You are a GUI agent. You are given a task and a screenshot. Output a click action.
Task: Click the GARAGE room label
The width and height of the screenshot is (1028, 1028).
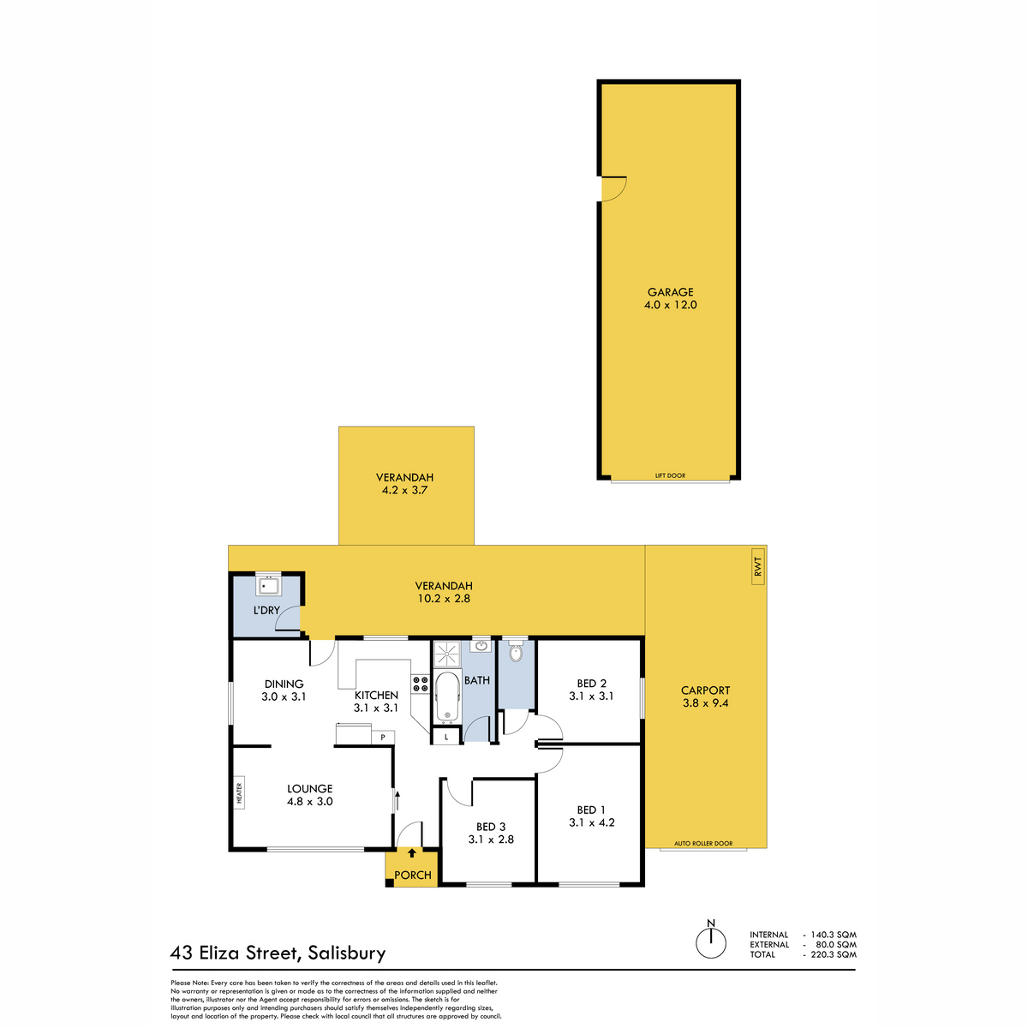pos(670,292)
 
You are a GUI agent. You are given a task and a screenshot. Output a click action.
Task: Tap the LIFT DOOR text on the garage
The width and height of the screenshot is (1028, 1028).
pos(670,475)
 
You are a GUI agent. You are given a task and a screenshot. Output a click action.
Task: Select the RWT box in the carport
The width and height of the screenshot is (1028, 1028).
pos(758,566)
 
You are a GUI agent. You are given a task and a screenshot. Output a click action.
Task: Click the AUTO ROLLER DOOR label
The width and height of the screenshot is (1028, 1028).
pos(703,844)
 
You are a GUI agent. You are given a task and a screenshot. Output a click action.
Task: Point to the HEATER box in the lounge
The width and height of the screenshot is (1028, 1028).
pos(239,792)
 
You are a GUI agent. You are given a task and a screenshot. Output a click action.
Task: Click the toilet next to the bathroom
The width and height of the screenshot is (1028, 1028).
pos(516,652)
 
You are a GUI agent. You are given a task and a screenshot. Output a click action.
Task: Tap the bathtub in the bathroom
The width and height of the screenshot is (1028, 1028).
pos(447,696)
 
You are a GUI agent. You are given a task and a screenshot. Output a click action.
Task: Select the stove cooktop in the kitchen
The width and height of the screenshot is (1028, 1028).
pos(421,684)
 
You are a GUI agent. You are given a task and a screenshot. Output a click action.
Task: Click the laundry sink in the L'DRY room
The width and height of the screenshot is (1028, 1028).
pos(268,586)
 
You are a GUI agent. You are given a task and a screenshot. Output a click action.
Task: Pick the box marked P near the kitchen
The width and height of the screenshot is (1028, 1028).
pos(382,738)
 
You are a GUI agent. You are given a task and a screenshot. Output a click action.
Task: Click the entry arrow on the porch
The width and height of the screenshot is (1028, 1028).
pos(411,852)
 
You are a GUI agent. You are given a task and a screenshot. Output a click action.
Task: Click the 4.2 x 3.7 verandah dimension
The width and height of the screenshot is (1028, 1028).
pos(404,490)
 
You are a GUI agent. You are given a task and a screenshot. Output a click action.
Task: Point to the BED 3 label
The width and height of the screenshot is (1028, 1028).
pos(490,827)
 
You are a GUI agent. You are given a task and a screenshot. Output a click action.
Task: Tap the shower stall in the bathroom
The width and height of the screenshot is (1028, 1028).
pos(446,654)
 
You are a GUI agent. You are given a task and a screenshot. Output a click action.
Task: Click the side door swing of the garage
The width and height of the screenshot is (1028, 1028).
pos(614,188)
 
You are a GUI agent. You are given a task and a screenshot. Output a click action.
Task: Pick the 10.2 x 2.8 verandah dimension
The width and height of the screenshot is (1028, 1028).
pos(443,599)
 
